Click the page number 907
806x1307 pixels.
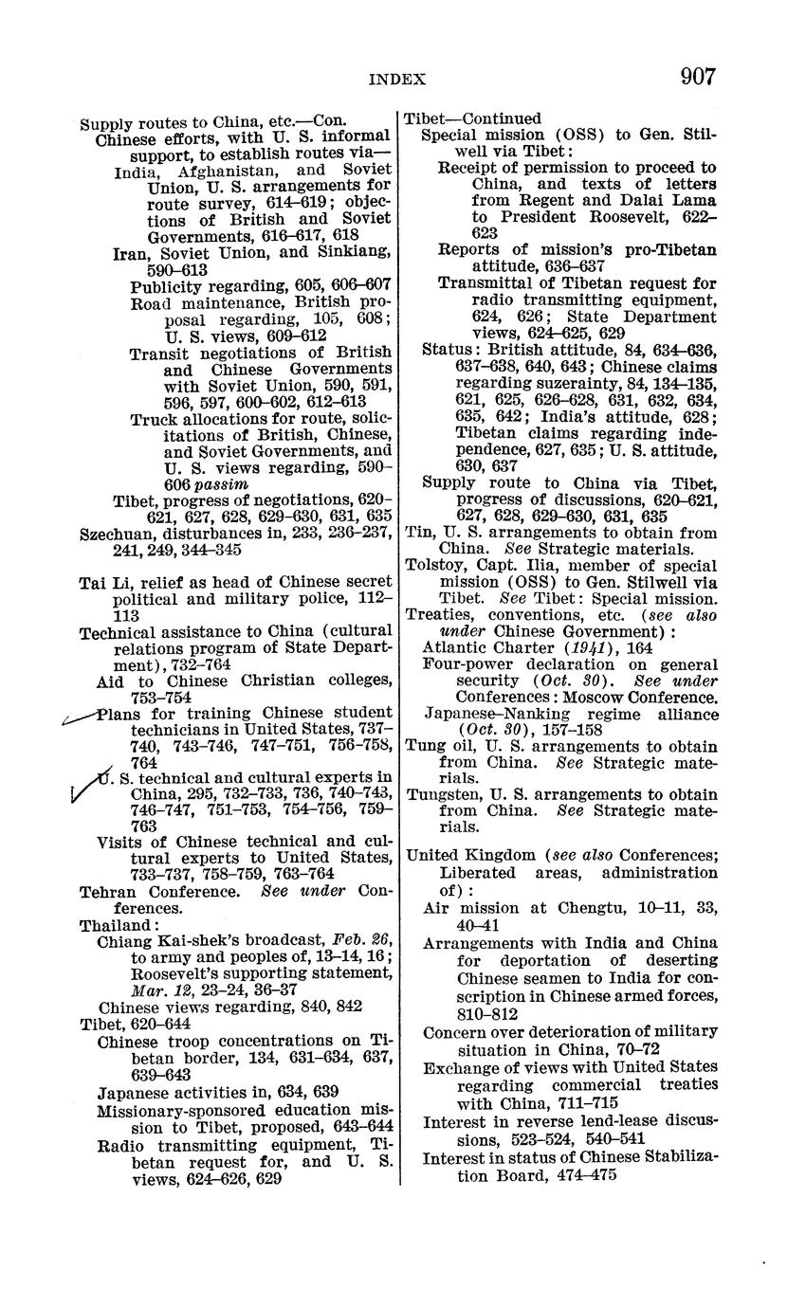[x=697, y=77]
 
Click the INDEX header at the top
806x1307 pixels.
[x=396, y=81]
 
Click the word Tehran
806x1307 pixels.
[x=108, y=891]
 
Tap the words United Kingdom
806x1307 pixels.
[x=464, y=855]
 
